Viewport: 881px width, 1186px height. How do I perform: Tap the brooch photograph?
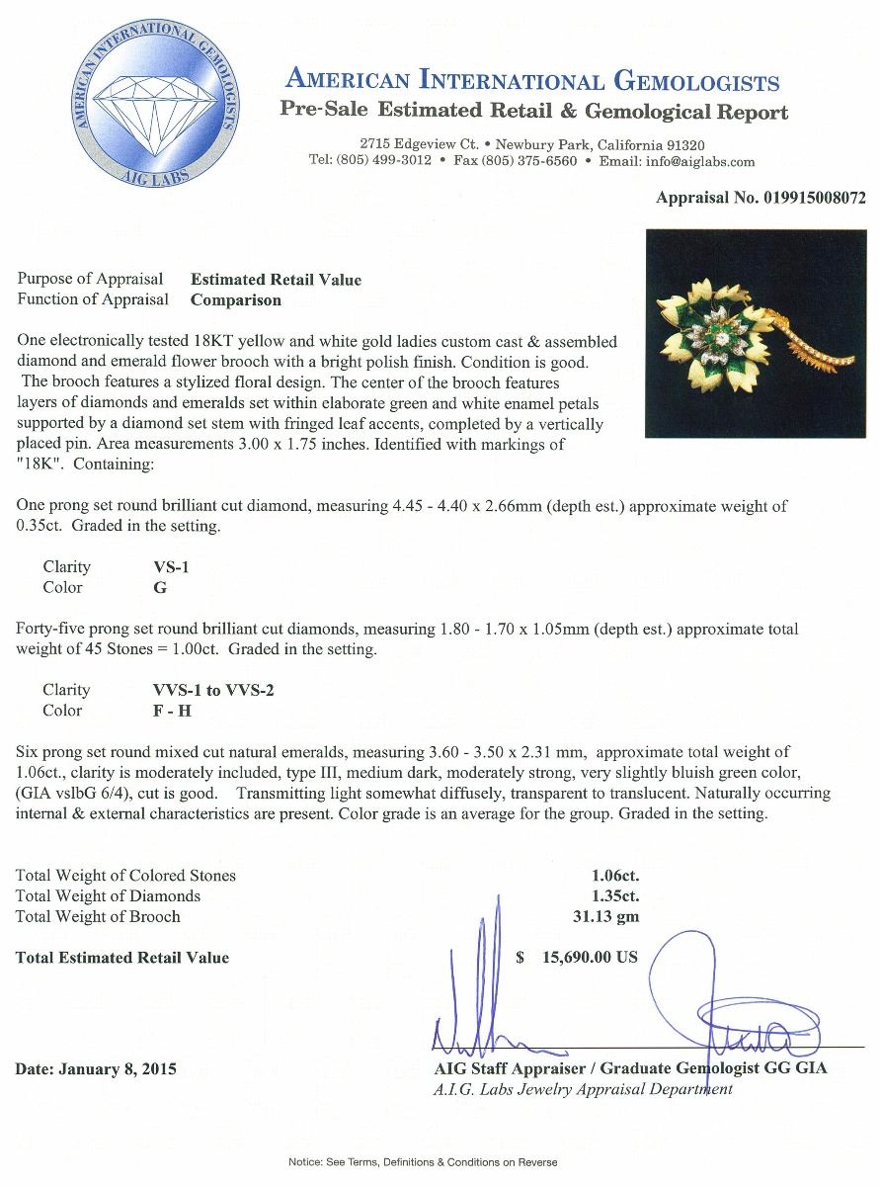click(x=756, y=334)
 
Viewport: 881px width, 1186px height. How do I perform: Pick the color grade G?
click(x=147, y=587)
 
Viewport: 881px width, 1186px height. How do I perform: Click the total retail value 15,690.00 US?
click(x=590, y=957)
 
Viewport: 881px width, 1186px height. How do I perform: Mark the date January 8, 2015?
click(x=96, y=1068)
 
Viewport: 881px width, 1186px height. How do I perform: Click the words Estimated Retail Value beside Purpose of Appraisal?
click(x=276, y=280)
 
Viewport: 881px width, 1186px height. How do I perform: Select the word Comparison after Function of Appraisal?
click(x=235, y=299)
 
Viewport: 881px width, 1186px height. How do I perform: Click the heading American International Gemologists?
click(x=532, y=81)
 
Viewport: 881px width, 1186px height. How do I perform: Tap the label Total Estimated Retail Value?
click(x=121, y=957)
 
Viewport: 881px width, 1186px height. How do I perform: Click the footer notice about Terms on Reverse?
click(x=423, y=1162)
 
